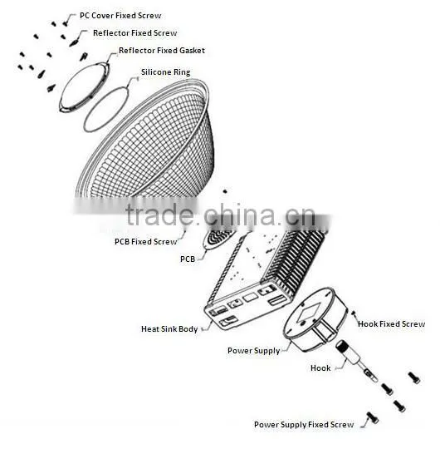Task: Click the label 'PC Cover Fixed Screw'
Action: pos(120,16)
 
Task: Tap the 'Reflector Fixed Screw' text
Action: pos(135,33)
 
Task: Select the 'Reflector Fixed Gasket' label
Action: pos(162,51)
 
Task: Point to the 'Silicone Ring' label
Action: pos(165,72)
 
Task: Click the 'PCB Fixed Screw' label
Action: pos(146,242)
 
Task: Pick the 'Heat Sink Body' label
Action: pos(169,329)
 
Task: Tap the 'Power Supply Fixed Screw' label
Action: pos(304,424)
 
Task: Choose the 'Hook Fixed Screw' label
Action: pos(391,324)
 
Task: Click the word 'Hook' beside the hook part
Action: pos(320,368)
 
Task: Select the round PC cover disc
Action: pos(85,87)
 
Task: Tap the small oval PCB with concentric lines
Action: pos(218,239)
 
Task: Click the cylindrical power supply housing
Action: pos(315,319)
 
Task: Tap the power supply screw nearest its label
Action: pos(373,417)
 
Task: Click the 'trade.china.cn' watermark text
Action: pos(220,215)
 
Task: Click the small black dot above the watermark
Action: pos(225,191)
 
